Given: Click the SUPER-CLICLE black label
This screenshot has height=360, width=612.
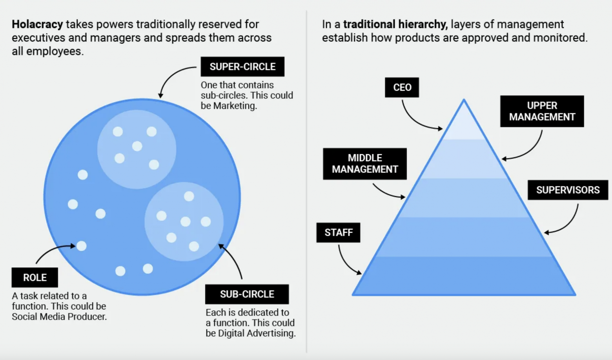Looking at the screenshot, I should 242,67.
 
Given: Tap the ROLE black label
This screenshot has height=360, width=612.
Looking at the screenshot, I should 35,278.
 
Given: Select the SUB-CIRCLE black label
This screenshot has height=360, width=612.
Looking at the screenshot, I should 247,294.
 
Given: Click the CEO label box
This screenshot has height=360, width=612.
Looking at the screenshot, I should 402,87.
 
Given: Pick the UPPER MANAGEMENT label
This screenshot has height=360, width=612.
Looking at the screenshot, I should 542,111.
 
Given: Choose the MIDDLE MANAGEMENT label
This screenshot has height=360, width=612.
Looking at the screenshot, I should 364,164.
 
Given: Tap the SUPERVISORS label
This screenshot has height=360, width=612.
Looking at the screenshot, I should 568,190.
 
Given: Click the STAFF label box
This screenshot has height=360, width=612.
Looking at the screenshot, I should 338,232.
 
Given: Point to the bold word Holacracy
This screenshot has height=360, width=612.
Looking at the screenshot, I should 37,24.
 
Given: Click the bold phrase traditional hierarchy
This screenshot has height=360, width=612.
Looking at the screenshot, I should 395,24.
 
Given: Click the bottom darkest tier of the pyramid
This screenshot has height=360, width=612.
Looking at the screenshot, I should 464,276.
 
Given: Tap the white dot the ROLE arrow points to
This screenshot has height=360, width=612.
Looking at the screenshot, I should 82,246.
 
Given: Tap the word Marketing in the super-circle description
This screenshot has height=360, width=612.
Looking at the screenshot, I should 235,106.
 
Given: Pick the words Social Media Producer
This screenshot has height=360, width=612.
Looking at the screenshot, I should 59,317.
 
